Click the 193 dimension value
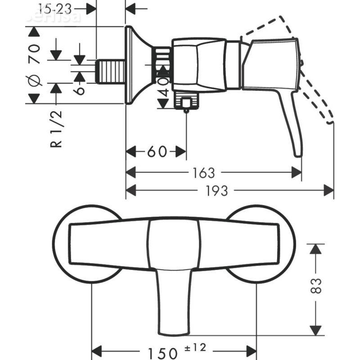(217, 191)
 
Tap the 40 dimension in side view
(164, 85)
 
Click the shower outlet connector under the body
(186, 102)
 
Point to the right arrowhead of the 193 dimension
(329, 191)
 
